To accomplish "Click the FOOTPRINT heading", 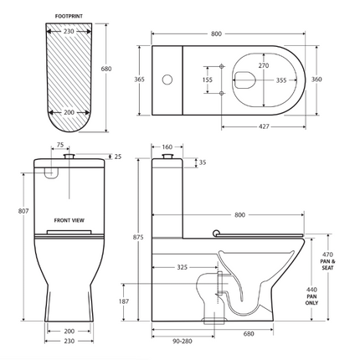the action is click(x=69, y=16).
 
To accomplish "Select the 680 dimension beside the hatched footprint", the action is click(x=106, y=69).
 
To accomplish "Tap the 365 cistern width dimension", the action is click(x=139, y=80).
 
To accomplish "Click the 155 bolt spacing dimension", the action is click(x=208, y=80).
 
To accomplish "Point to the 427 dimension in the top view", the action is click(x=264, y=126).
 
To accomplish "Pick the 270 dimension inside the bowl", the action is click(x=264, y=65).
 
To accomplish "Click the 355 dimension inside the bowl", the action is click(x=281, y=80).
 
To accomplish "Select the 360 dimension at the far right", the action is click(x=316, y=80).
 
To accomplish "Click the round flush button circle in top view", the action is click(x=167, y=80).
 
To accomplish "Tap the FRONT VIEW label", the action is click(x=69, y=220).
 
